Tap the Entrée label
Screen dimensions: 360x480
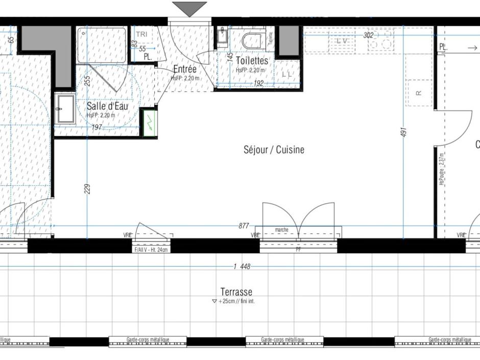pos(185,69)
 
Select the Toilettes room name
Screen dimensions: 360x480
pos(252,61)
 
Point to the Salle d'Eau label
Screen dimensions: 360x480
pos(107,106)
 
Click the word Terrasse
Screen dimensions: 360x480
pos(236,292)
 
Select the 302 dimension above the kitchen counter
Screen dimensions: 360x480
pos(368,35)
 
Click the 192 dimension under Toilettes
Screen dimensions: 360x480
pos(258,83)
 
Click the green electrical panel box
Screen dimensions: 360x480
pos(150,123)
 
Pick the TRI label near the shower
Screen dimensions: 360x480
pos(141,34)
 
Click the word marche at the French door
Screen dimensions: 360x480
pos(281,230)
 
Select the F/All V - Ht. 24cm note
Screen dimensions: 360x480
pos(151,250)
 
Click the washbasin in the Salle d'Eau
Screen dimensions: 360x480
pos(65,109)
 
